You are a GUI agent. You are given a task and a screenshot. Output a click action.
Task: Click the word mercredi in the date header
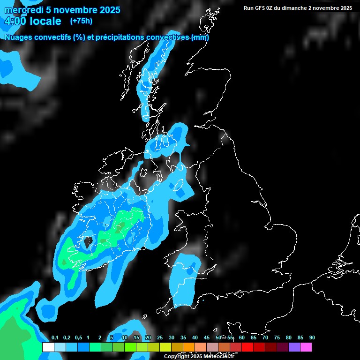(23, 10)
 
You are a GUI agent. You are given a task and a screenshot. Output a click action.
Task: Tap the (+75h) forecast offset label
(81, 21)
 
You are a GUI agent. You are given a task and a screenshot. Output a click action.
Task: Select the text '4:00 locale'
(32, 21)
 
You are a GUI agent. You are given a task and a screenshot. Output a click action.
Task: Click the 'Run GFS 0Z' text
(259, 8)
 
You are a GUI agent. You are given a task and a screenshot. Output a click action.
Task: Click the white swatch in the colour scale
(48, 347)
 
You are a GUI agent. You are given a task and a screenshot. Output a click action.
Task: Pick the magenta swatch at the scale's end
(306, 347)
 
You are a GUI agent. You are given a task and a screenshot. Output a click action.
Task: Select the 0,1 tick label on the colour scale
(55, 338)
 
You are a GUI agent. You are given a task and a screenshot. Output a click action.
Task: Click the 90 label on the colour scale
(312, 338)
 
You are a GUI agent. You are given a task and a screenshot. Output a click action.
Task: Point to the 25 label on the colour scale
(160, 338)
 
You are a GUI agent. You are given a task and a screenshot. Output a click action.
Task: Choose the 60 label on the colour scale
(242, 338)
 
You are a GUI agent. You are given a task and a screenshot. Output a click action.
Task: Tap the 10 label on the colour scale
(125, 338)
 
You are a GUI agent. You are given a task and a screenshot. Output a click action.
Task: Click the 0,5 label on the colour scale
(78, 338)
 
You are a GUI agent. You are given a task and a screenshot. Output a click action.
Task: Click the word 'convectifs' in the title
(54, 37)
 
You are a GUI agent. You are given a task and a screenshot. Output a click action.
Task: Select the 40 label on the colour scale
(195, 338)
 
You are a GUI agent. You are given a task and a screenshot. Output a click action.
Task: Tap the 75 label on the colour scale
(277, 338)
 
